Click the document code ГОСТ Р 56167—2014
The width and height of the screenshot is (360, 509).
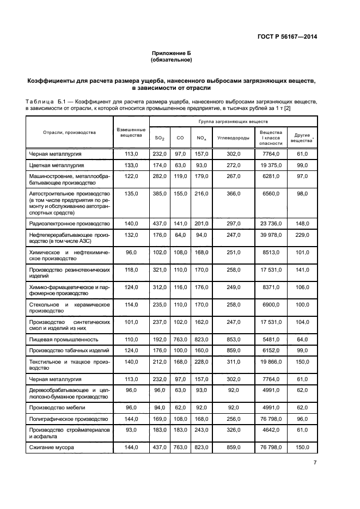(x=288, y=36)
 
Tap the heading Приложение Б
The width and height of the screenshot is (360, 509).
(x=172, y=53)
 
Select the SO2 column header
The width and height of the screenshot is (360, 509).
(x=159, y=138)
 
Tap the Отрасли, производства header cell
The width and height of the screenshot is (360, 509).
(x=70, y=132)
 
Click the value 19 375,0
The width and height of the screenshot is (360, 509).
(x=271, y=164)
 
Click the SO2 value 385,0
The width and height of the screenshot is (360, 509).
(x=159, y=194)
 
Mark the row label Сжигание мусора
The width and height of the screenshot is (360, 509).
(x=52, y=447)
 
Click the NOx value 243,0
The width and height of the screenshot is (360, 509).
(x=201, y=430)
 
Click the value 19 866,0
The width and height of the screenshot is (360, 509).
(x=271, y=361)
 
